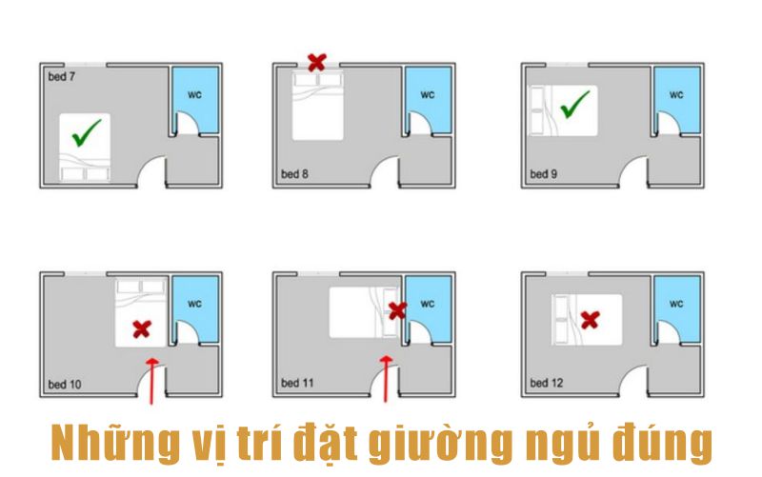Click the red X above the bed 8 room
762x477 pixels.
[x=317, y=63]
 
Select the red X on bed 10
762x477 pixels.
[x=142, y=329]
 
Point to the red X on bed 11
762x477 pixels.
[x=397, y=311]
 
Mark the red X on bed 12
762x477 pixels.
[x=590, y=320]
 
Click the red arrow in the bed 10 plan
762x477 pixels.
[x=152, y=381]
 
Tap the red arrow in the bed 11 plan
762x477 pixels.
[x=387, y=379]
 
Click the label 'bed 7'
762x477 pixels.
[x=62, y=77]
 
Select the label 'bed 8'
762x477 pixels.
[x=294, y=174]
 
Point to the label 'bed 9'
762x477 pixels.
[x=543, y=174]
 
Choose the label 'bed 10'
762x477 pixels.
[x=65, y=385]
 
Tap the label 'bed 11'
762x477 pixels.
[x=297, y=384]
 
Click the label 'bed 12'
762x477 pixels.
[x=547, y=384]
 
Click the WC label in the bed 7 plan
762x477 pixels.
[x=195, y=94]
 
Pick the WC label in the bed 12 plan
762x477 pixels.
[x=676, y=304]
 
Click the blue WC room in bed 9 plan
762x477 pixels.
[x=677, y=100]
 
